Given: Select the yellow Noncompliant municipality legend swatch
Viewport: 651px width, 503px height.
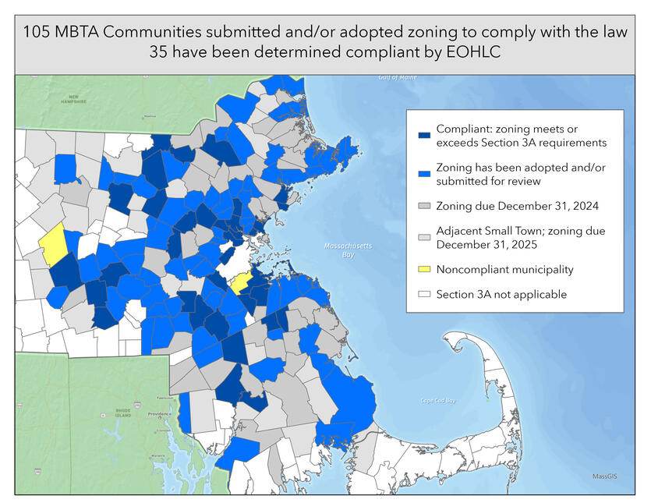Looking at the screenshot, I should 424,269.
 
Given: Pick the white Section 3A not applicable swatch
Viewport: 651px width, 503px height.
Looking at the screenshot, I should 424,294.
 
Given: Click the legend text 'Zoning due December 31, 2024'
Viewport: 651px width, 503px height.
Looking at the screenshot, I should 511,206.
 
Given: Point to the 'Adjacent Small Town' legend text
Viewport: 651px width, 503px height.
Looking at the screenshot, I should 491,231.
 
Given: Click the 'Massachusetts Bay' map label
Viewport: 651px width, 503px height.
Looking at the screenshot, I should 348,250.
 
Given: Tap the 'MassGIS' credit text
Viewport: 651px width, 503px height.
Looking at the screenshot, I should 604,476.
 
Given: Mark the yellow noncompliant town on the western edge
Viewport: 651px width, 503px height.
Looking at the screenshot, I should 52,243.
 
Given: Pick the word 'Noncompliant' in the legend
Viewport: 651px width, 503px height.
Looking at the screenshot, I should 473,269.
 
